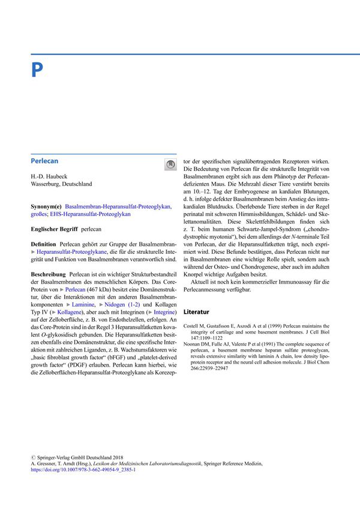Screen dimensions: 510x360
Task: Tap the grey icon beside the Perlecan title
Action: (x=170, y=164)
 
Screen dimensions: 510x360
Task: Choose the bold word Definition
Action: (x=43, y=246)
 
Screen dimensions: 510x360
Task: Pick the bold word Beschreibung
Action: (x=47, y=273)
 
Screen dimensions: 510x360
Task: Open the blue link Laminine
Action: (x=84, y=305)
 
